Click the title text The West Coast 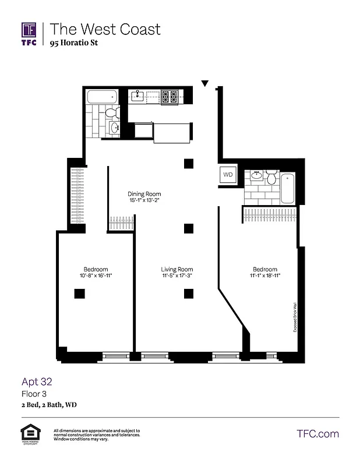[x=105, y=29]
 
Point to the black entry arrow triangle [x=204, y=84]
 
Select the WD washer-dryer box [x=228, y=175]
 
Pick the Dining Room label [x=144, y=194]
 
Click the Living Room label [x=177, y=269]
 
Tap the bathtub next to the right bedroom [x=288, y=188]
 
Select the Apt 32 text [x=37, y=382]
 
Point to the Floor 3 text [x=34, y=394]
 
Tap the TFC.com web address [x=317, y=434]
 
